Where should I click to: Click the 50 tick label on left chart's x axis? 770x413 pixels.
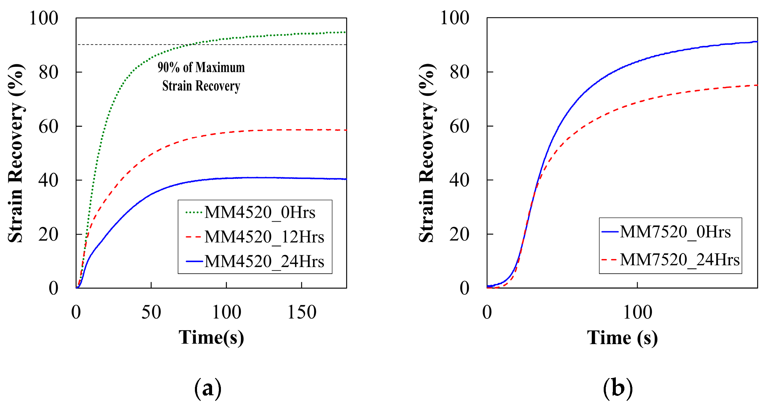pyautogui.click(x=151, y=312)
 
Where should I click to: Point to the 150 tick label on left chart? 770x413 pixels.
pyautogui.click(x=302, y=312)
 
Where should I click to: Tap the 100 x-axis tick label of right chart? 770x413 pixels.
pyautogui.click(x=637, y=312)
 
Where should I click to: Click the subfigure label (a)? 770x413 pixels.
pyautogui.click(x=208, y=388)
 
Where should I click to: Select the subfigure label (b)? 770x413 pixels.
pyautogui.click(x=618, y=388)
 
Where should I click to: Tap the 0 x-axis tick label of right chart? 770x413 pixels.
pyautogui.click(x=487, y=312)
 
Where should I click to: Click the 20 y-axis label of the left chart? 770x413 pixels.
pyautogui.click(x=48, y=235)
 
